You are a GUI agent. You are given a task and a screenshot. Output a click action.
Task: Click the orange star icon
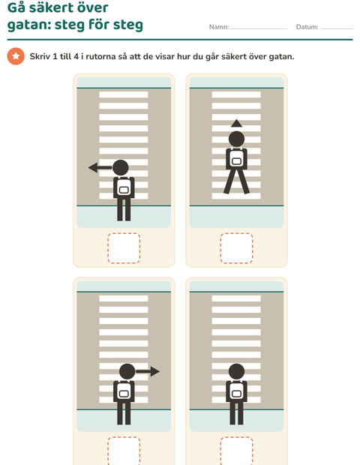[x=16, y=56]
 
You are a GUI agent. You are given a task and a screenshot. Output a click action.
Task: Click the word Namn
[x=218, y=27]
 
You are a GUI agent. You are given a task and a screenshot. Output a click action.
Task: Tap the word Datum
[x=307, y=27]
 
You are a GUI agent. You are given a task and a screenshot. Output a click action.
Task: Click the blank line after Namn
[x=259, y=28]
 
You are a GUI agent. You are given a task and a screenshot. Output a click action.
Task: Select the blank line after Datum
[x=336, y=28]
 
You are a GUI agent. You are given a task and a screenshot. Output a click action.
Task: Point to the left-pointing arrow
[x=100, y=167]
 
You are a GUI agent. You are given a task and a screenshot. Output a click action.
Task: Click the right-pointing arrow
[x=148, y=371]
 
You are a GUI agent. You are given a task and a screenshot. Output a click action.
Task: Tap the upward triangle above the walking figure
[x=236, y=123]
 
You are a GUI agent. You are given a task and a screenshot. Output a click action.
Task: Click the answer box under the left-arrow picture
[x=124, y=248]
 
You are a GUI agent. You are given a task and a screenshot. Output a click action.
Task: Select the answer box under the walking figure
[x=236, y=248]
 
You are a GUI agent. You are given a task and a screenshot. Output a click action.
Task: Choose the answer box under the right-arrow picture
[x=124, y=451]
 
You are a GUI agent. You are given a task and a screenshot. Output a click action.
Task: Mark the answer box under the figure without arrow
[x=236, y=451]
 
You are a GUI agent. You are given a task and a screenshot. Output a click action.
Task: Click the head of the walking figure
[x=236, y=139]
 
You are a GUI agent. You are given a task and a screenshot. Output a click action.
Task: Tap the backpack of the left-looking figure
[x=124, y=187]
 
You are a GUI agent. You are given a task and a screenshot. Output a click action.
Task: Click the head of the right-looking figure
[x=127, y=371]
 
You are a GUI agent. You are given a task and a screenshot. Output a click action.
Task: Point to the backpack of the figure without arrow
[x=236, y=390]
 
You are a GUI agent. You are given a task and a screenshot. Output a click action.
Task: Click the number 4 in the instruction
[x=76, y=56]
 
